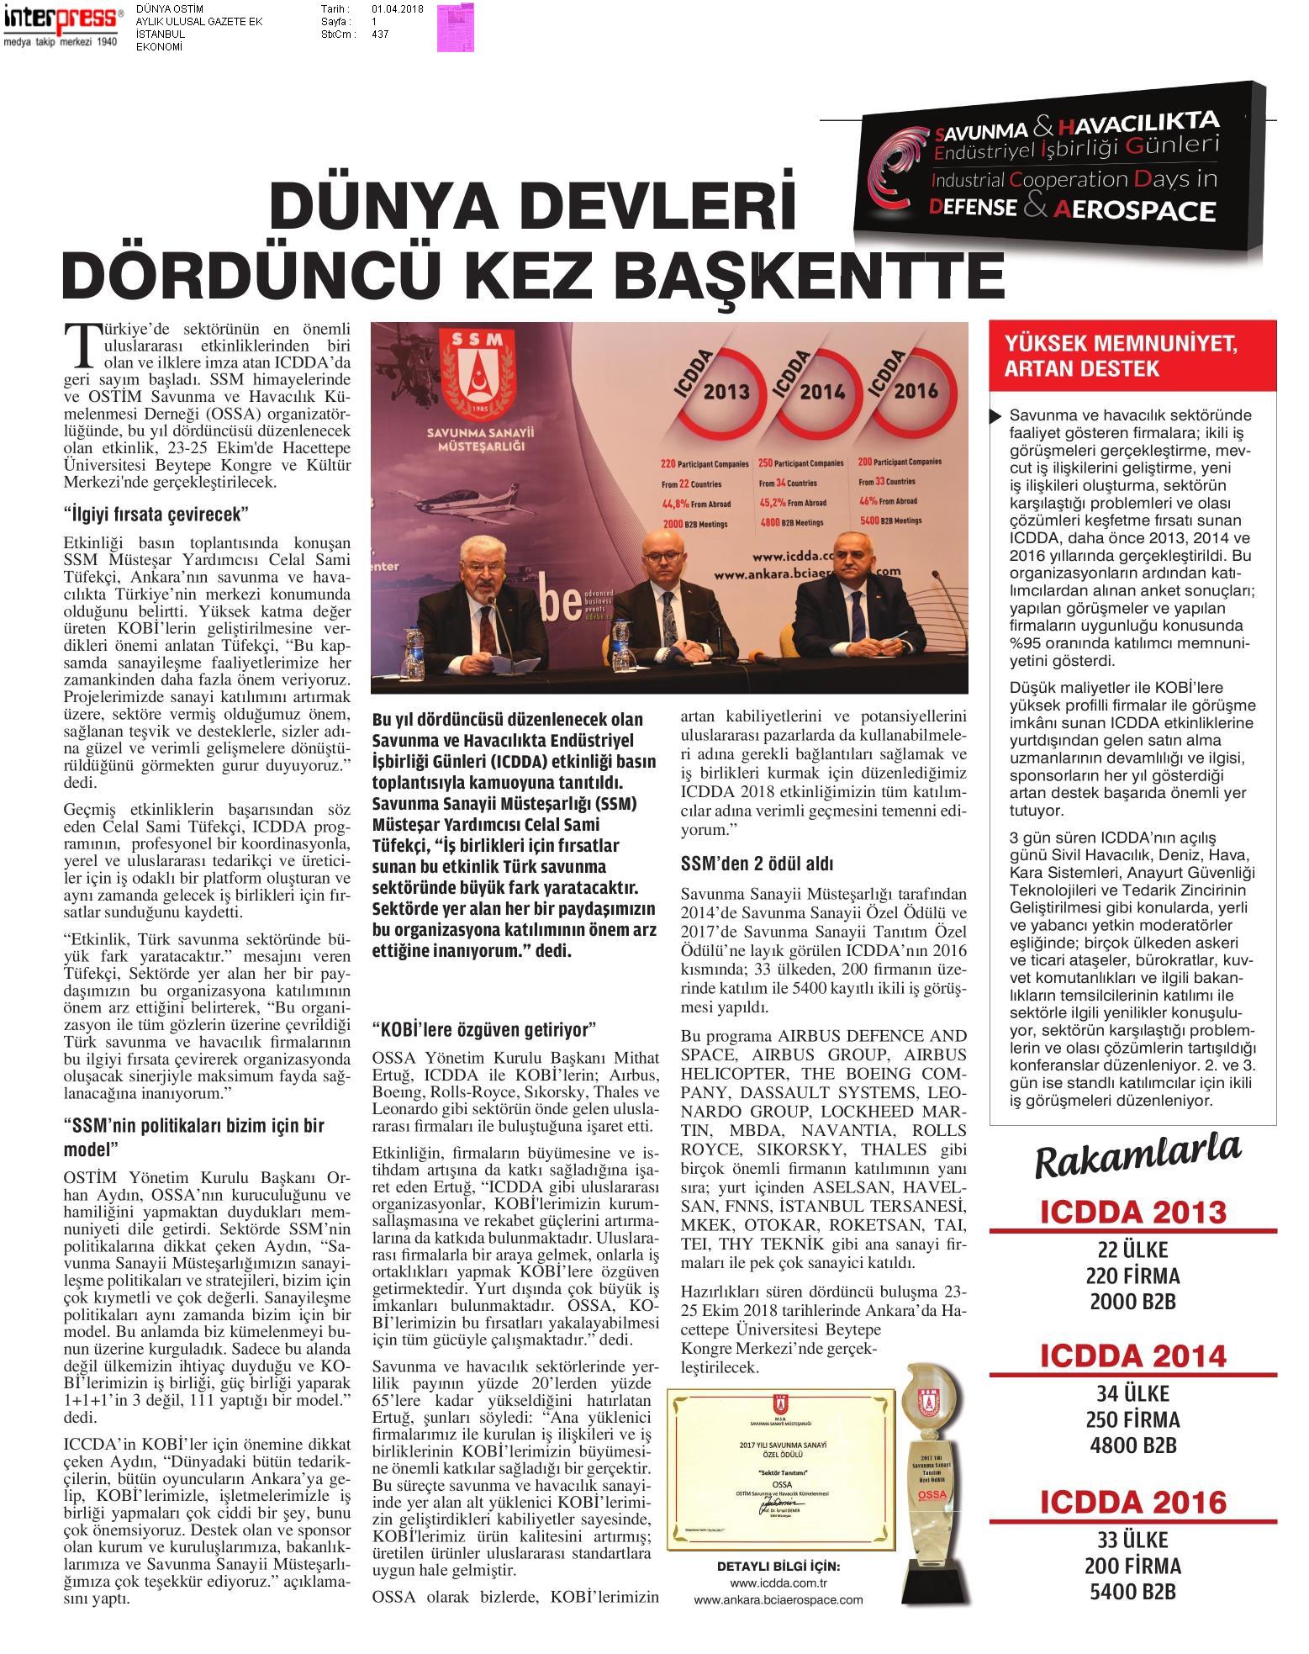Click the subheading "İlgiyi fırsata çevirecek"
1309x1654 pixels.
coord(157,513)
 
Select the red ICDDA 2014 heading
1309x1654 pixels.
coord(1132,1355)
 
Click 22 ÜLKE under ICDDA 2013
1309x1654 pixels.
coord(1132,1249)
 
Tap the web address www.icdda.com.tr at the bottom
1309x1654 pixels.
coord(778,1583)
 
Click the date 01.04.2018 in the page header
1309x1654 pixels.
coord(397,9)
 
